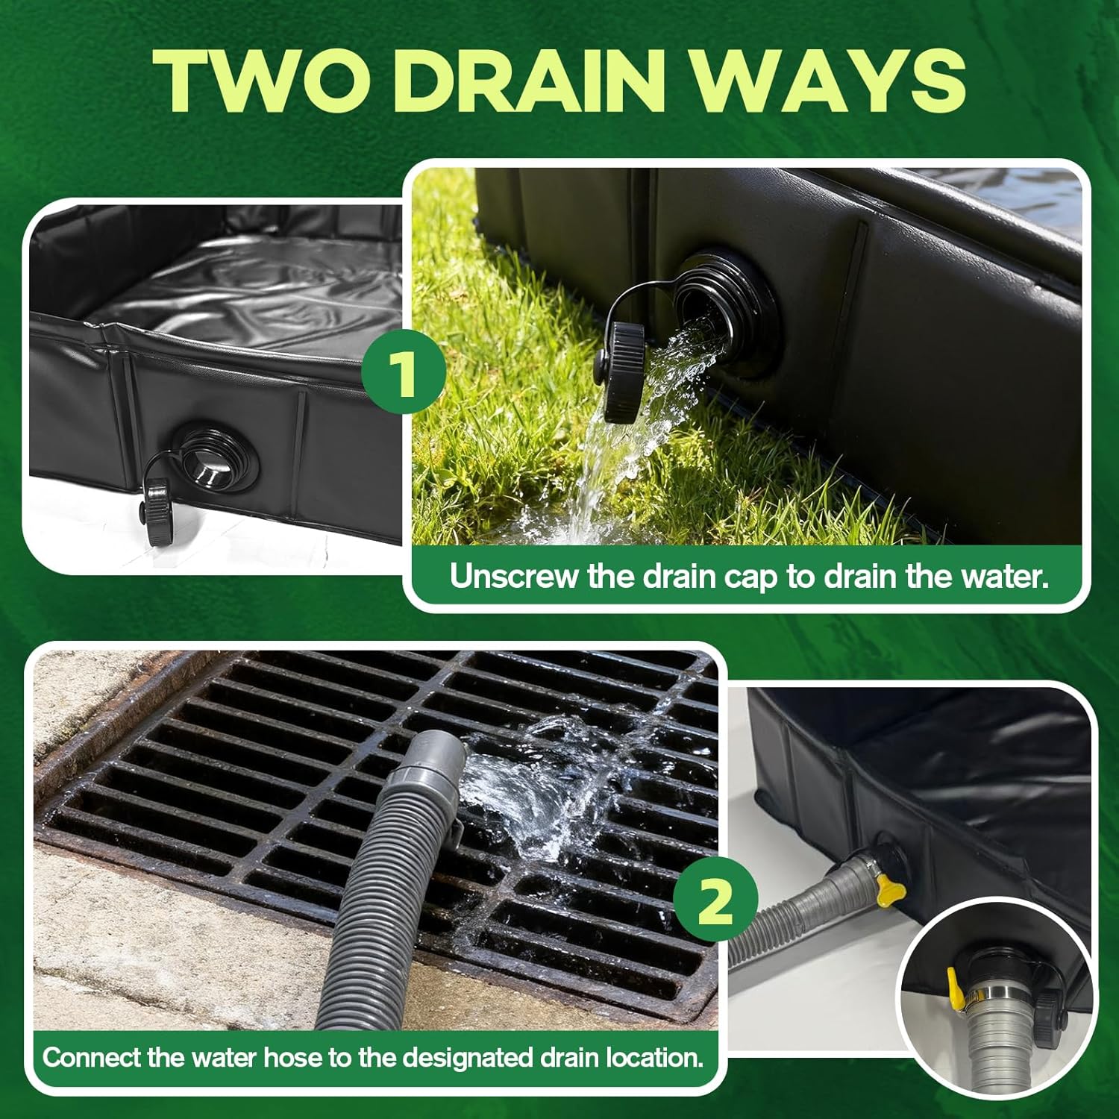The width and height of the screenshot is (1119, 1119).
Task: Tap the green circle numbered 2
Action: click(x=715, y=902)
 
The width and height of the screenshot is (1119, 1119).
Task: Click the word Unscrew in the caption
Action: click(x=515, y=576)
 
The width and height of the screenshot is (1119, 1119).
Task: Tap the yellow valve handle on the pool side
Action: click(x=890, y=889)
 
